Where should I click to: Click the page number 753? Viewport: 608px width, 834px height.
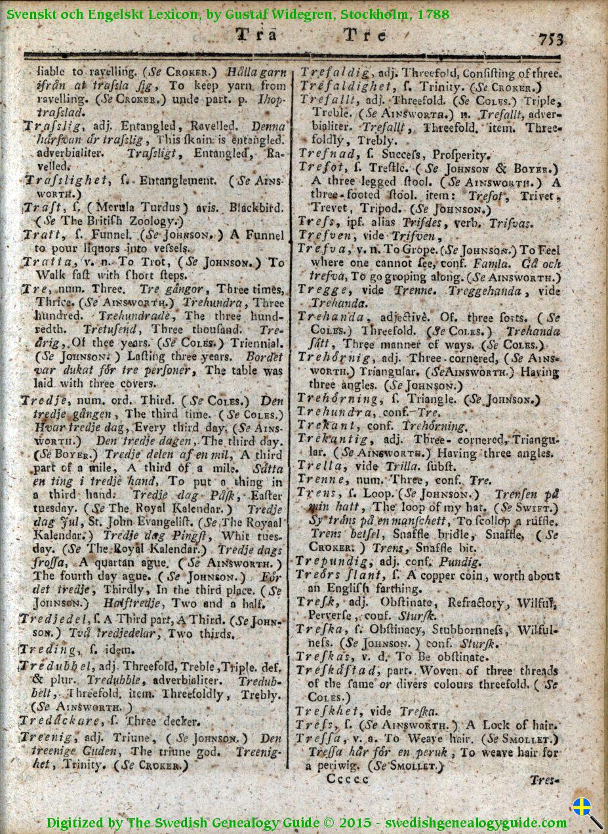point(551,39)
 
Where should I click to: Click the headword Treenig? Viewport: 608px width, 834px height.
point(47,737)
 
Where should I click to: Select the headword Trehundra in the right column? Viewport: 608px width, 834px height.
point(336,412)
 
